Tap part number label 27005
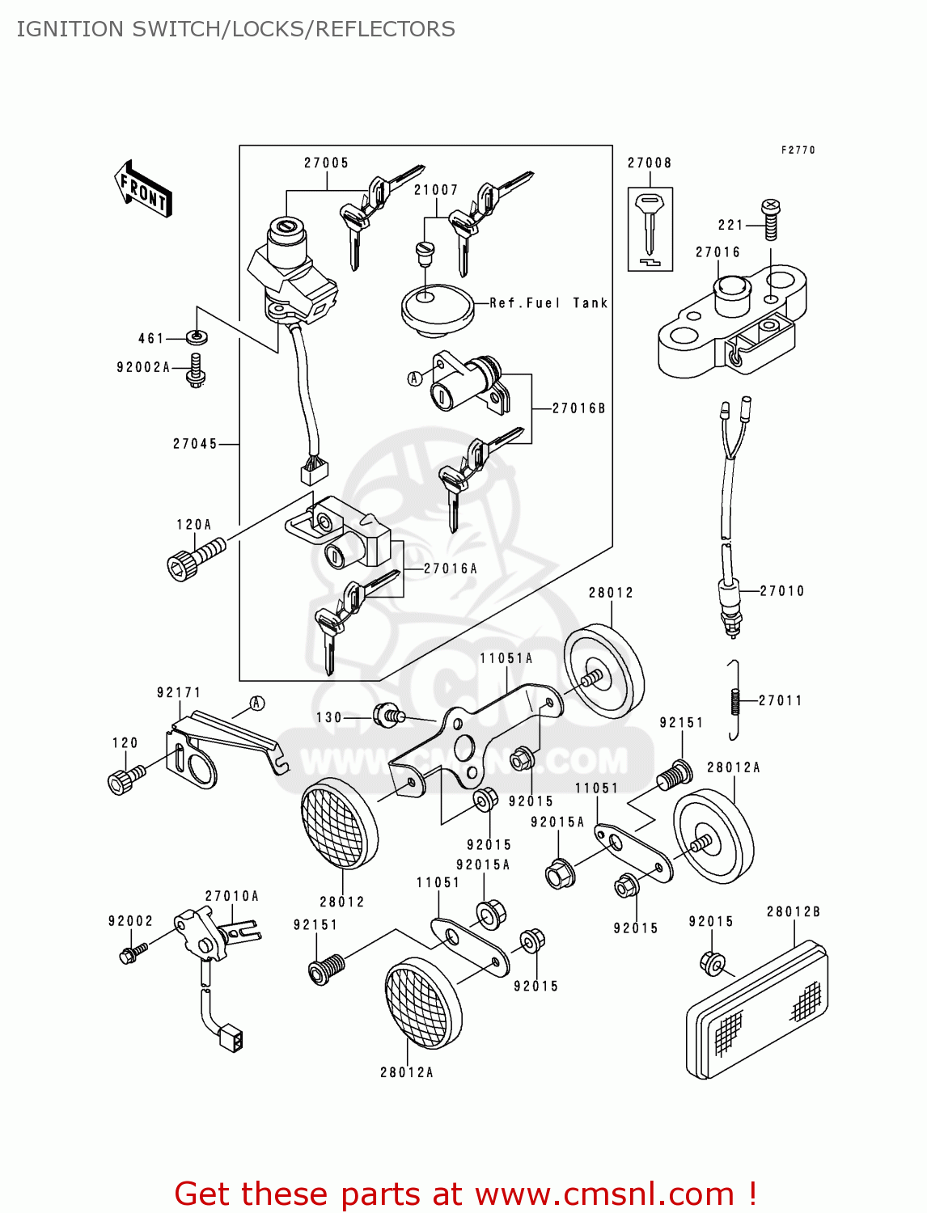(x=326, y=163)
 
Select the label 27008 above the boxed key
(x=650, y=163)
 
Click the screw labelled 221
(x=771, y=219)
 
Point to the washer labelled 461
(x=196, y=336)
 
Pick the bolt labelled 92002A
(x=196, y=370)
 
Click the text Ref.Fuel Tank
(x=548, y=303)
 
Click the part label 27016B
(x=578, y=408)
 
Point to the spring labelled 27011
(x=735, y=700)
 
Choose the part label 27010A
(x=231, y=896)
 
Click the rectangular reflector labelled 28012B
(x=756, y=1011)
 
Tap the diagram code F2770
(x=798, y=150)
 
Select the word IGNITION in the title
(x=70, y=29)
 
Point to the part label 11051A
(x=506, y=658)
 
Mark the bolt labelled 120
(x=124, y=780)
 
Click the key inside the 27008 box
(x=650, y=224)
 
